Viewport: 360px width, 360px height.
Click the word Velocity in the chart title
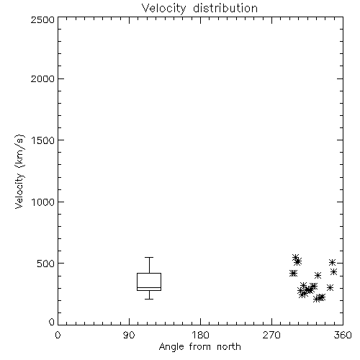pyautogui.click(x=164, y=9)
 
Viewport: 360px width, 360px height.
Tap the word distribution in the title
pyautogui.click(x=225, y=8)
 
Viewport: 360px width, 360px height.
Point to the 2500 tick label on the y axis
pyautogui.click(x=42, y=19)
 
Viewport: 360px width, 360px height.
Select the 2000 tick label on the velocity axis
pyautogui.click(x=42, y=78)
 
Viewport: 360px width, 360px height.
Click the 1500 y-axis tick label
pyautogui.click(x=43, y=140)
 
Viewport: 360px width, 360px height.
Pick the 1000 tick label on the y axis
pyautogui.click(x=43, y=202)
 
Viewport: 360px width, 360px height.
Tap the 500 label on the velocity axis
pyautogui.click(x=46, y=264)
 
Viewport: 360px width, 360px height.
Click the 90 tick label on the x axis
pyautogui.click(x=129, y=335)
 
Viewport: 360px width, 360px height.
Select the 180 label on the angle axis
pyautogui.click(x=200, y=335)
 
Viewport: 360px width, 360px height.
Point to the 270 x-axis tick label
pyautogui.click(x=271, y=335)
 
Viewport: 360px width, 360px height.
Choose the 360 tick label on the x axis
pyautogui.click(x=343, y=335)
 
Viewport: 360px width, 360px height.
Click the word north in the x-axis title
pyautogui.click(x=229, y=347)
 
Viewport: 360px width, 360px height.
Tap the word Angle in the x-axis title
pyautogui.click(x=171, y=347)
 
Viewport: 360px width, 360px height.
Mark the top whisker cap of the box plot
pyautogui.click(x=149, y=258)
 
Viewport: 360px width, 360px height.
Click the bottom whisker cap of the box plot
pyautogui.click(x=149, y=299)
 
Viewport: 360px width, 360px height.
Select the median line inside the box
pyautogui.click(x=149, y=287)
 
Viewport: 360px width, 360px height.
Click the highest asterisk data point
pyautogui.click(x=295, y=258)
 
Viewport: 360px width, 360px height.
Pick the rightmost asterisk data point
pyautogui.click(x=334, y=272)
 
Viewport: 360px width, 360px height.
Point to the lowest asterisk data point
pyautogui.click(x=317, y=299)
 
